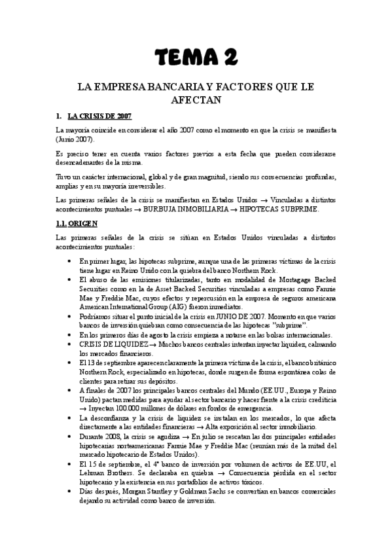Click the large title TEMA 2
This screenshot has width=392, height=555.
[196, 58]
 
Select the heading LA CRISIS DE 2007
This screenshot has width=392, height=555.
[99, 116]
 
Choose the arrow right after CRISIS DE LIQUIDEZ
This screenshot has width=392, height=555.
[152, 344]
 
